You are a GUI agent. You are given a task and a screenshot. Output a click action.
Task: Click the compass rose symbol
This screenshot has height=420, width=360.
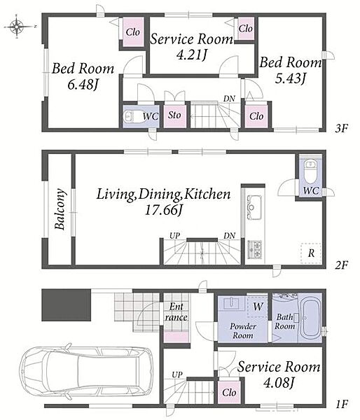pyautogui.click(x=17, y=27)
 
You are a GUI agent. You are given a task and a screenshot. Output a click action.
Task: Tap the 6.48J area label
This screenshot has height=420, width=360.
pyautogui.click(x=82, y=85)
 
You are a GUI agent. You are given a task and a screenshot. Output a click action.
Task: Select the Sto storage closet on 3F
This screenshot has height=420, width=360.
pyautogui.click(x=175, y=115)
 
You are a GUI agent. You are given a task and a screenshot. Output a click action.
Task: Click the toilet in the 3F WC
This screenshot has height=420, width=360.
pyautogui.click(x=130, y=116)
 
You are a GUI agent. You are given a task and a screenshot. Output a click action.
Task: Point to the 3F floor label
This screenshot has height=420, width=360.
pyautogui.click(x=342, y=129)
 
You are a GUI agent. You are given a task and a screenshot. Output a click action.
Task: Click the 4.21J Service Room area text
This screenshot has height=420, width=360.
pyautogui.click(x=191, y=55)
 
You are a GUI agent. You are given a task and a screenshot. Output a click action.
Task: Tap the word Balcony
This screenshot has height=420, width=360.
pyautogui.click(x=60, y=209)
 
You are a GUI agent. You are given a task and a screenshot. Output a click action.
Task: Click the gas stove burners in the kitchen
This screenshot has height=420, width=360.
pyautogui.click(x=256, y=250)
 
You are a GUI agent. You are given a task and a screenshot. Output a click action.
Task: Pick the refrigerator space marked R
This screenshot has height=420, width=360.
pyautogui.click(x=311, y=253)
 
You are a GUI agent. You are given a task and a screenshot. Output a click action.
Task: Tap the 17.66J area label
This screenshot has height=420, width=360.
pyautogui.click(x=163, y=210)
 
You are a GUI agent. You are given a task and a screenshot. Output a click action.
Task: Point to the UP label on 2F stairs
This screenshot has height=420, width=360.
pyautogui.click(x=174, y=236)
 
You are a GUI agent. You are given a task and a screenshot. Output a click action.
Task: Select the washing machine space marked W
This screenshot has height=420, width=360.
pyautogui.click(x=258, y=307)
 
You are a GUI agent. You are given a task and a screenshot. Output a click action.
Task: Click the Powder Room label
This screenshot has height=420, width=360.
pyautogui.click(x=243, y=331)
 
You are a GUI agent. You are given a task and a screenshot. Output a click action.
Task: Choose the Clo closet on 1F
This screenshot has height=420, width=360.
pyautogui.click(x=229, y=393)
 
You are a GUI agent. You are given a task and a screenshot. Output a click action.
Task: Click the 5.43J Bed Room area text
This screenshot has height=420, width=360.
pyautogui.click(x=291, y=78)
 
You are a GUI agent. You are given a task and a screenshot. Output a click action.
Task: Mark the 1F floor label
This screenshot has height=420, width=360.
pyautogui.click(x=342, y=404)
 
